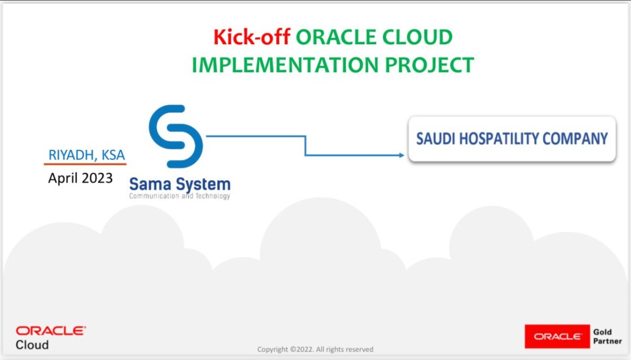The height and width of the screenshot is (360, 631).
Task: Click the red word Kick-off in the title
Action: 251,38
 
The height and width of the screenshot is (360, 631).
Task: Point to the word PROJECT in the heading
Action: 429,65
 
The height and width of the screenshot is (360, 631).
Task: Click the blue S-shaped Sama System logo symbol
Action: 175,136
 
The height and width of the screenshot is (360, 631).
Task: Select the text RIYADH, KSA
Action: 87,156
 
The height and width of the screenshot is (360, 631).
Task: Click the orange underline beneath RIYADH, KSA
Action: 85,164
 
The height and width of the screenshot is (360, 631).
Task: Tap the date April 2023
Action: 80,178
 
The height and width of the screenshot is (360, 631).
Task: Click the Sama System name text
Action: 180,184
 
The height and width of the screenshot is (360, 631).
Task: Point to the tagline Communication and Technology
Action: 180,196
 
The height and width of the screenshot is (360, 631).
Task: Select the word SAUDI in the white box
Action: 434,139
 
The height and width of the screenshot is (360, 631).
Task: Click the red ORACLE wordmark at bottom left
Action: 50,331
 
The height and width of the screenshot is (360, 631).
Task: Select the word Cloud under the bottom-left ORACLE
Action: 32,345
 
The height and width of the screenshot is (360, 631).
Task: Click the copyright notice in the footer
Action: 315,349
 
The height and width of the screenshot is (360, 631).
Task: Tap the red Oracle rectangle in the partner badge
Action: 557,336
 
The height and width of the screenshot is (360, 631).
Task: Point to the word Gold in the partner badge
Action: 602,332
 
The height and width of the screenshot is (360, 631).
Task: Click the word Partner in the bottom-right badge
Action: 607,341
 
